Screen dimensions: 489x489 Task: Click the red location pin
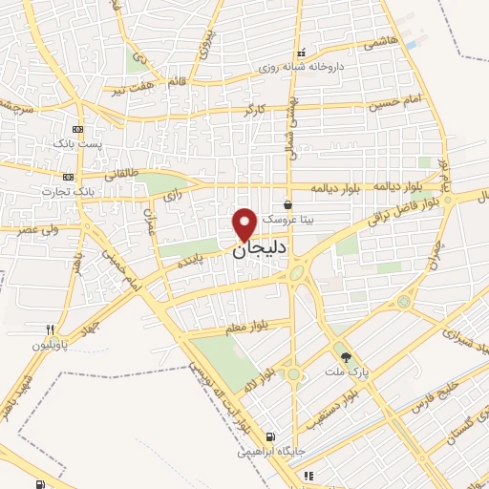[x=244, y=223]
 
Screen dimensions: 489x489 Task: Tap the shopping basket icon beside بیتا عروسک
[x=288, y=204]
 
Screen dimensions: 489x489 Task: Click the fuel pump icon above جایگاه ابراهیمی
[x=270, y=436]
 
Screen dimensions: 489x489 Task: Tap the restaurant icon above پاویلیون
[x=63, y=329]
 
